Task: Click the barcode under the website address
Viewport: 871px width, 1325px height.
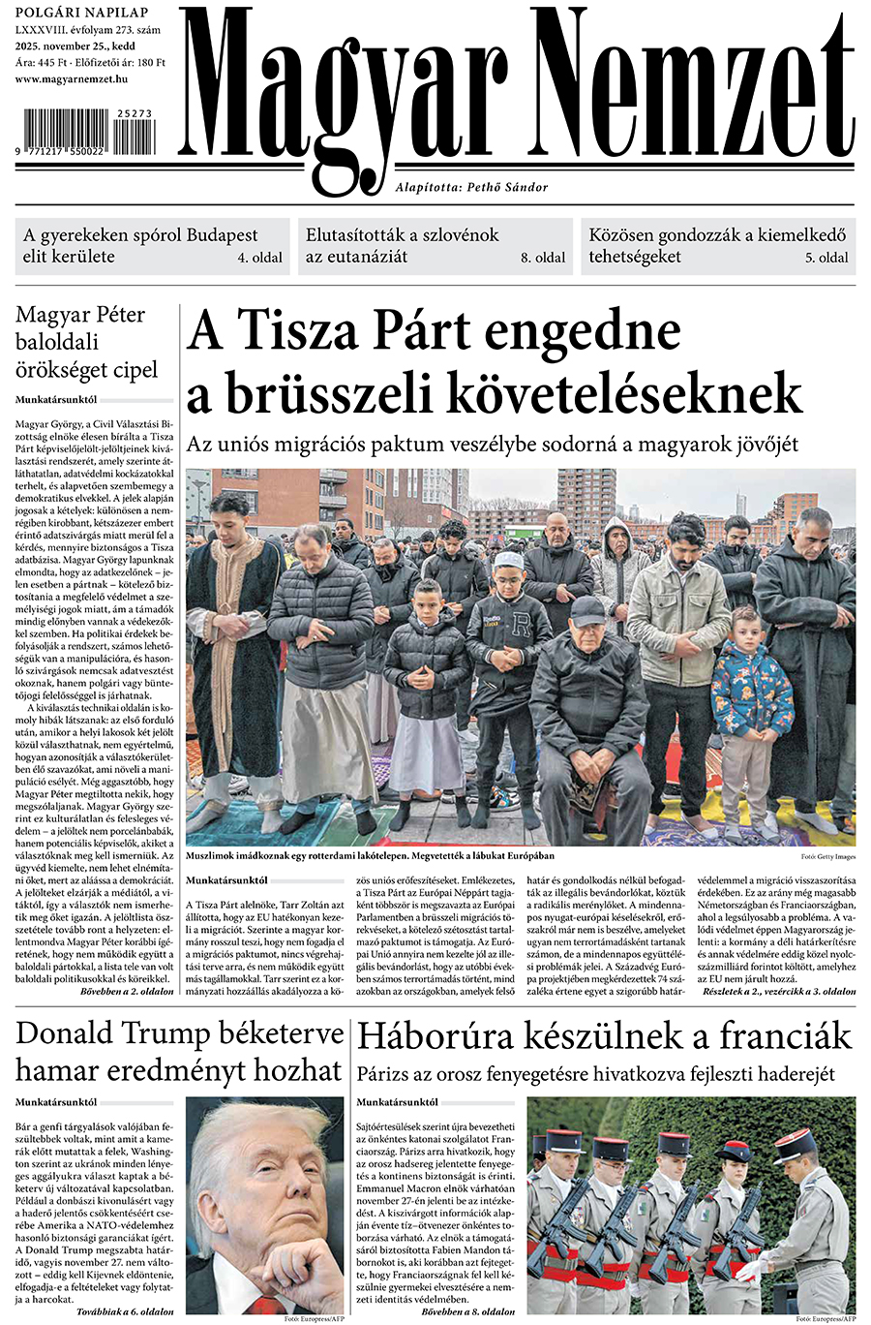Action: pos(85,134)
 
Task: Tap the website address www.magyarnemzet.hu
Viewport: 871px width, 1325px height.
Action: pos(72,78)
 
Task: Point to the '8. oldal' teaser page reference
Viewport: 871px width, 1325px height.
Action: pos(543,259)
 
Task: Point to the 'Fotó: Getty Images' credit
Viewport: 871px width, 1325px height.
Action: pos(827,857)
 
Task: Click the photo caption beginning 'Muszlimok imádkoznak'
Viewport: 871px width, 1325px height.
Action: pos(370,856)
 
